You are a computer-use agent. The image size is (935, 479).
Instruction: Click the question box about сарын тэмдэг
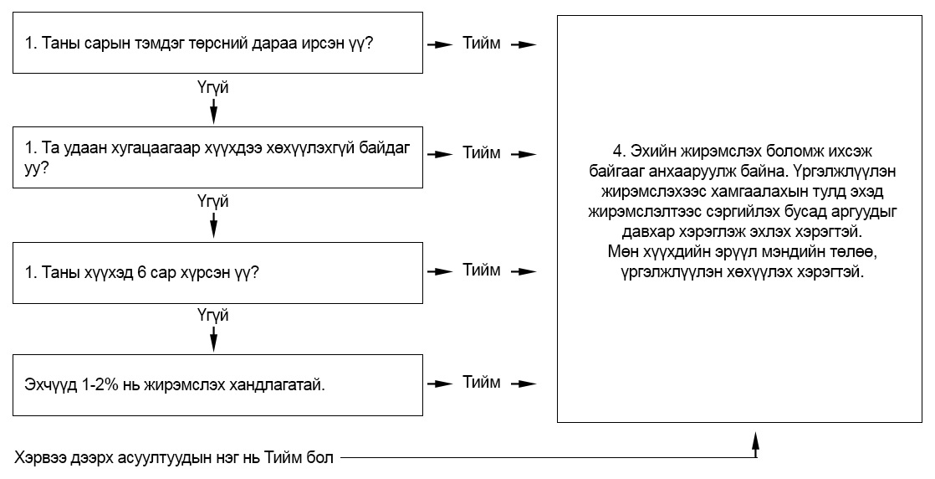[218, 43]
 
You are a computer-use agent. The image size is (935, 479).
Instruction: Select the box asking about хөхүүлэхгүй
[218, 157]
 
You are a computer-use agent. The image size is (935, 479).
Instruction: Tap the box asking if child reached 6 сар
[218, 272]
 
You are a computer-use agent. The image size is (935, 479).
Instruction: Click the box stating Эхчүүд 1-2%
[218, 384]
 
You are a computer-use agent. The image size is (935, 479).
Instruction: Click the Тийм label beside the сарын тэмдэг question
[482, 44]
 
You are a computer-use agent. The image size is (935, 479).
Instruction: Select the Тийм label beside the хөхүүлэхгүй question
[482, 153]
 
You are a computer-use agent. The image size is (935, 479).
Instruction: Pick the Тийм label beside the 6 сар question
[482, 270]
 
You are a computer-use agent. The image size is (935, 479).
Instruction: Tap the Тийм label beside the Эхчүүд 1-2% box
[482, 382]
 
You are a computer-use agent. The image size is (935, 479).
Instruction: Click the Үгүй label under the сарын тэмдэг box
[213, 89]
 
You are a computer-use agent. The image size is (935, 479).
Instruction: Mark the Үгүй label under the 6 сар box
[213, 316]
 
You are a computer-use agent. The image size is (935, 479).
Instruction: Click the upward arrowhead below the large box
[755, 439]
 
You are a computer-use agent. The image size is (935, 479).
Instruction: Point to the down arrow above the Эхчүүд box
[213, 338]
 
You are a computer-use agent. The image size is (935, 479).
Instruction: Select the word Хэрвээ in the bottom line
[38, 458]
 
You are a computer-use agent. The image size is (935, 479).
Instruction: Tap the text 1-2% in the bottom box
[95, 384]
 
